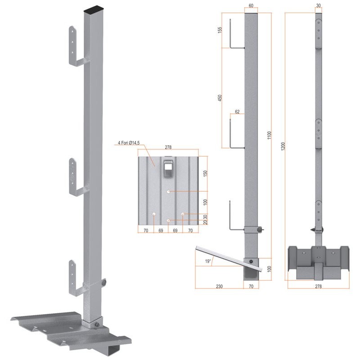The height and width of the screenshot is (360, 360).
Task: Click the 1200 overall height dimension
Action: point(283,146)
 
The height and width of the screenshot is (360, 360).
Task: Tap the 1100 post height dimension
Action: point(269,135)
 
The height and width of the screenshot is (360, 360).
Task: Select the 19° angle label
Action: point(208,261)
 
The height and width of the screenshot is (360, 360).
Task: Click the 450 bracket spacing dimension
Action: point(220,98)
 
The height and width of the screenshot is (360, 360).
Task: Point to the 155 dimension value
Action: point(220,30)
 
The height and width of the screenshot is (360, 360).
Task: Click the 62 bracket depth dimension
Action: point(237,112)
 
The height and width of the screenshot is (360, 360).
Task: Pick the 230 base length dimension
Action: point(219,286)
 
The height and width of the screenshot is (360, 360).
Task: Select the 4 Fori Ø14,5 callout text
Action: point(129,143)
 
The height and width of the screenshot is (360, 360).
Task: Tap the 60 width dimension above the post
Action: point(251,5)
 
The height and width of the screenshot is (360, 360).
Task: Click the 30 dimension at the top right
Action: point(319,5)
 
